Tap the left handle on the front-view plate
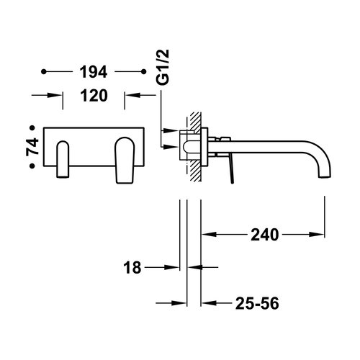(62, 158)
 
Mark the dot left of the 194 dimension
(45, 72)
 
